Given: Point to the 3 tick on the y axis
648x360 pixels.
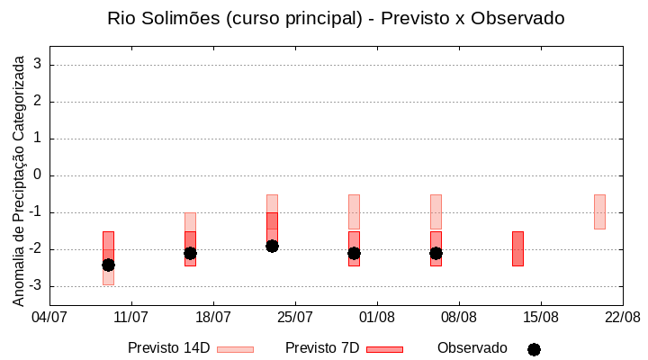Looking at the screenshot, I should pos(38,65).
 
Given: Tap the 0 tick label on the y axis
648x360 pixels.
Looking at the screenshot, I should pos(38,175).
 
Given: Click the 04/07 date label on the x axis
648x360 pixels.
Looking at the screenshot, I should pos(49,317).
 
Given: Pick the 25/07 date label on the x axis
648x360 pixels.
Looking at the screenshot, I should pos(295,317).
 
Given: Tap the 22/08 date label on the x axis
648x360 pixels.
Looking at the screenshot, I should pos(622,317).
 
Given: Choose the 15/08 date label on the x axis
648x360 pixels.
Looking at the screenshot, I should pos(541,317).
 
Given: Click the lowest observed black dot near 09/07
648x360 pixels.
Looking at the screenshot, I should pos(108,265).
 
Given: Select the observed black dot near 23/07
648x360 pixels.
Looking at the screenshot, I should pos(272,246).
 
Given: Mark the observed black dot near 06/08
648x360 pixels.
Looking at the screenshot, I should pos(436,253).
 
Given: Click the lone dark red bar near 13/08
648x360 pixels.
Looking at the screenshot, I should pos(517,248).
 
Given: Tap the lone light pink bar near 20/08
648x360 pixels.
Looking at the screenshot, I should pos(599,211).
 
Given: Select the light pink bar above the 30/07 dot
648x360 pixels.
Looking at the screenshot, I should pos(354,211).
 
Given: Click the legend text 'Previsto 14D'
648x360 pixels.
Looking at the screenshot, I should pos(168,348).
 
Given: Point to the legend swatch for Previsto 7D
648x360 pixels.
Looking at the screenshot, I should pos(384,349).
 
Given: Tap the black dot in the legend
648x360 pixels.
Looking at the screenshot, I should pos(534,349).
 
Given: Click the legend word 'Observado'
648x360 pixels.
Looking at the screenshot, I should pos(472,348).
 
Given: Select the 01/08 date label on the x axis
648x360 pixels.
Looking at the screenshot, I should pos(377,317).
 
